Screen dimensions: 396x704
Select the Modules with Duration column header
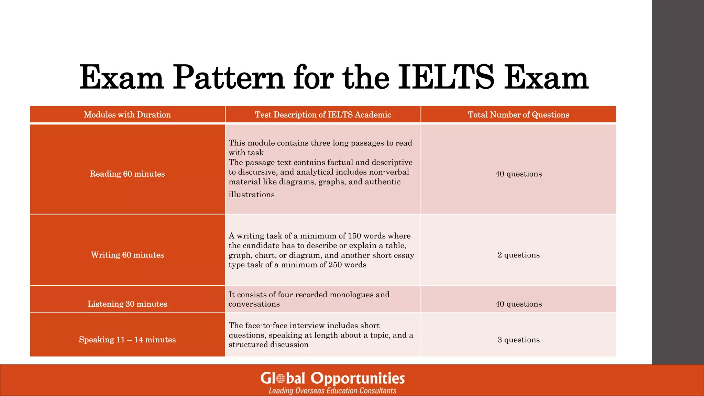coord(127,115)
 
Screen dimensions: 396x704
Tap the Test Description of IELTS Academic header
coord(323,115)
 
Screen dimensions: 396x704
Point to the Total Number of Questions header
coord(518,115)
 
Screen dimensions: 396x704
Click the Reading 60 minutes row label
coord(127,174)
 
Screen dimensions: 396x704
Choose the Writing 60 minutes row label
coord(127,255)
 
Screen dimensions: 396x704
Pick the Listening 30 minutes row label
coord(127,304)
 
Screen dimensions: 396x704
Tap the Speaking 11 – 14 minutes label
coord(127,340)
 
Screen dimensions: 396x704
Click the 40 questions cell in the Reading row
coord(518,174)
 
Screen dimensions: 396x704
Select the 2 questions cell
coord(518,255)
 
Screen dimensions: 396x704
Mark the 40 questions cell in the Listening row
coord(518,304)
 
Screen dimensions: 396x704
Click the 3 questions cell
coord(518,340)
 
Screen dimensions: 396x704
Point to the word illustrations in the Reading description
coord(252,195)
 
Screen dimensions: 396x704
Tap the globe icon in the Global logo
coord(281,379)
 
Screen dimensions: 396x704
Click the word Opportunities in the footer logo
coord(357,378)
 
